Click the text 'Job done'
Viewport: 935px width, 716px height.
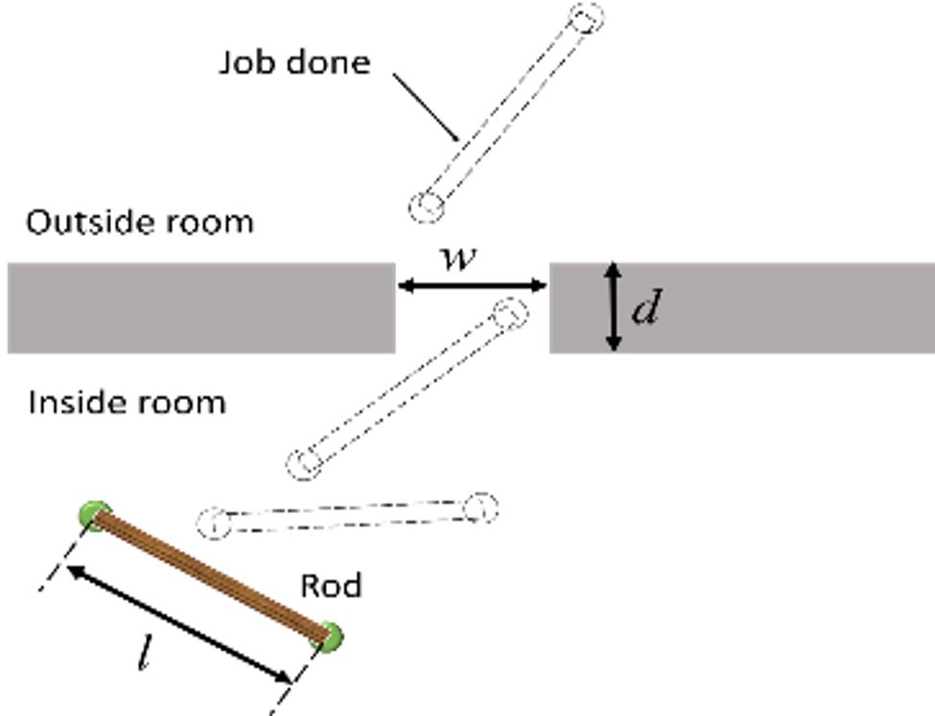(x=294, y=62)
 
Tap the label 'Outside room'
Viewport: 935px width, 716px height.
(x=140, y=222)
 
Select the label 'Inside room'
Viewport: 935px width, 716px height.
(x=128, y=402)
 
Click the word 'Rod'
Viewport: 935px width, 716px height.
(x=331, y=586)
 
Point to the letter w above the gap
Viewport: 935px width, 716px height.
(x=456, y=257)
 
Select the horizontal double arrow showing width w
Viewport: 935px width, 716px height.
(x=472, y=285)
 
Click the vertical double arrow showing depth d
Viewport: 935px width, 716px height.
(x=615, y=307)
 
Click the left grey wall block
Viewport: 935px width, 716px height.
(x=201, y=308)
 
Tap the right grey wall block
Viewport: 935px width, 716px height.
(x=767, y=308)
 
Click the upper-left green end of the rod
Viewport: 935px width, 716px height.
(x=95, y=516)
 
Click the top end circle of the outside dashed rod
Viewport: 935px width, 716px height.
(x=587, y=17)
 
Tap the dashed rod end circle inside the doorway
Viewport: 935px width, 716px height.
(x=509, y=312)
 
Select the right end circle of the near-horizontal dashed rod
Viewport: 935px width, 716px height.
(x=480, y=507)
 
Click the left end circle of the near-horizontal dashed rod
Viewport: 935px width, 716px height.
(x=213, y=523)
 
